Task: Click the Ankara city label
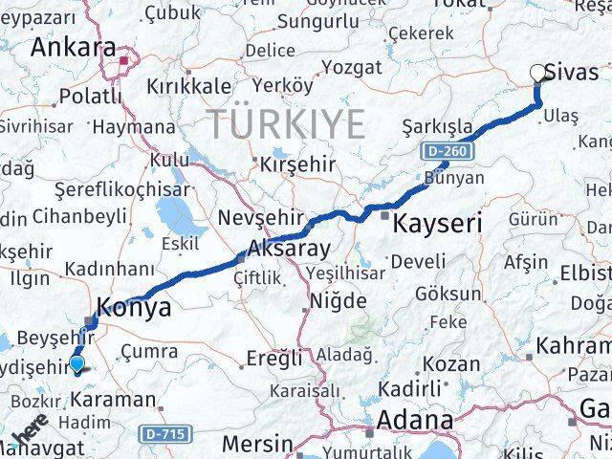pyautogui.click(x=74, y=48)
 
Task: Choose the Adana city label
pyautogui.click(x=415, y=419)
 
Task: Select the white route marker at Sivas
pyautogui.click(x=537, y=73)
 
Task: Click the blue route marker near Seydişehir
pyautogui.click(x=77, y=362)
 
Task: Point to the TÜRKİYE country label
pyautogui.click(x=288, y=124)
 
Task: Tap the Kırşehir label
pyautogui.click(x=297, y=164)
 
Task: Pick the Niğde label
pyautogui.click(x=337, y=301)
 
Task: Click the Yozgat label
pyautogui.click(x=351, y=68)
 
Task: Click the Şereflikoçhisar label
pyautogui.click(x=103, y=189)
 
